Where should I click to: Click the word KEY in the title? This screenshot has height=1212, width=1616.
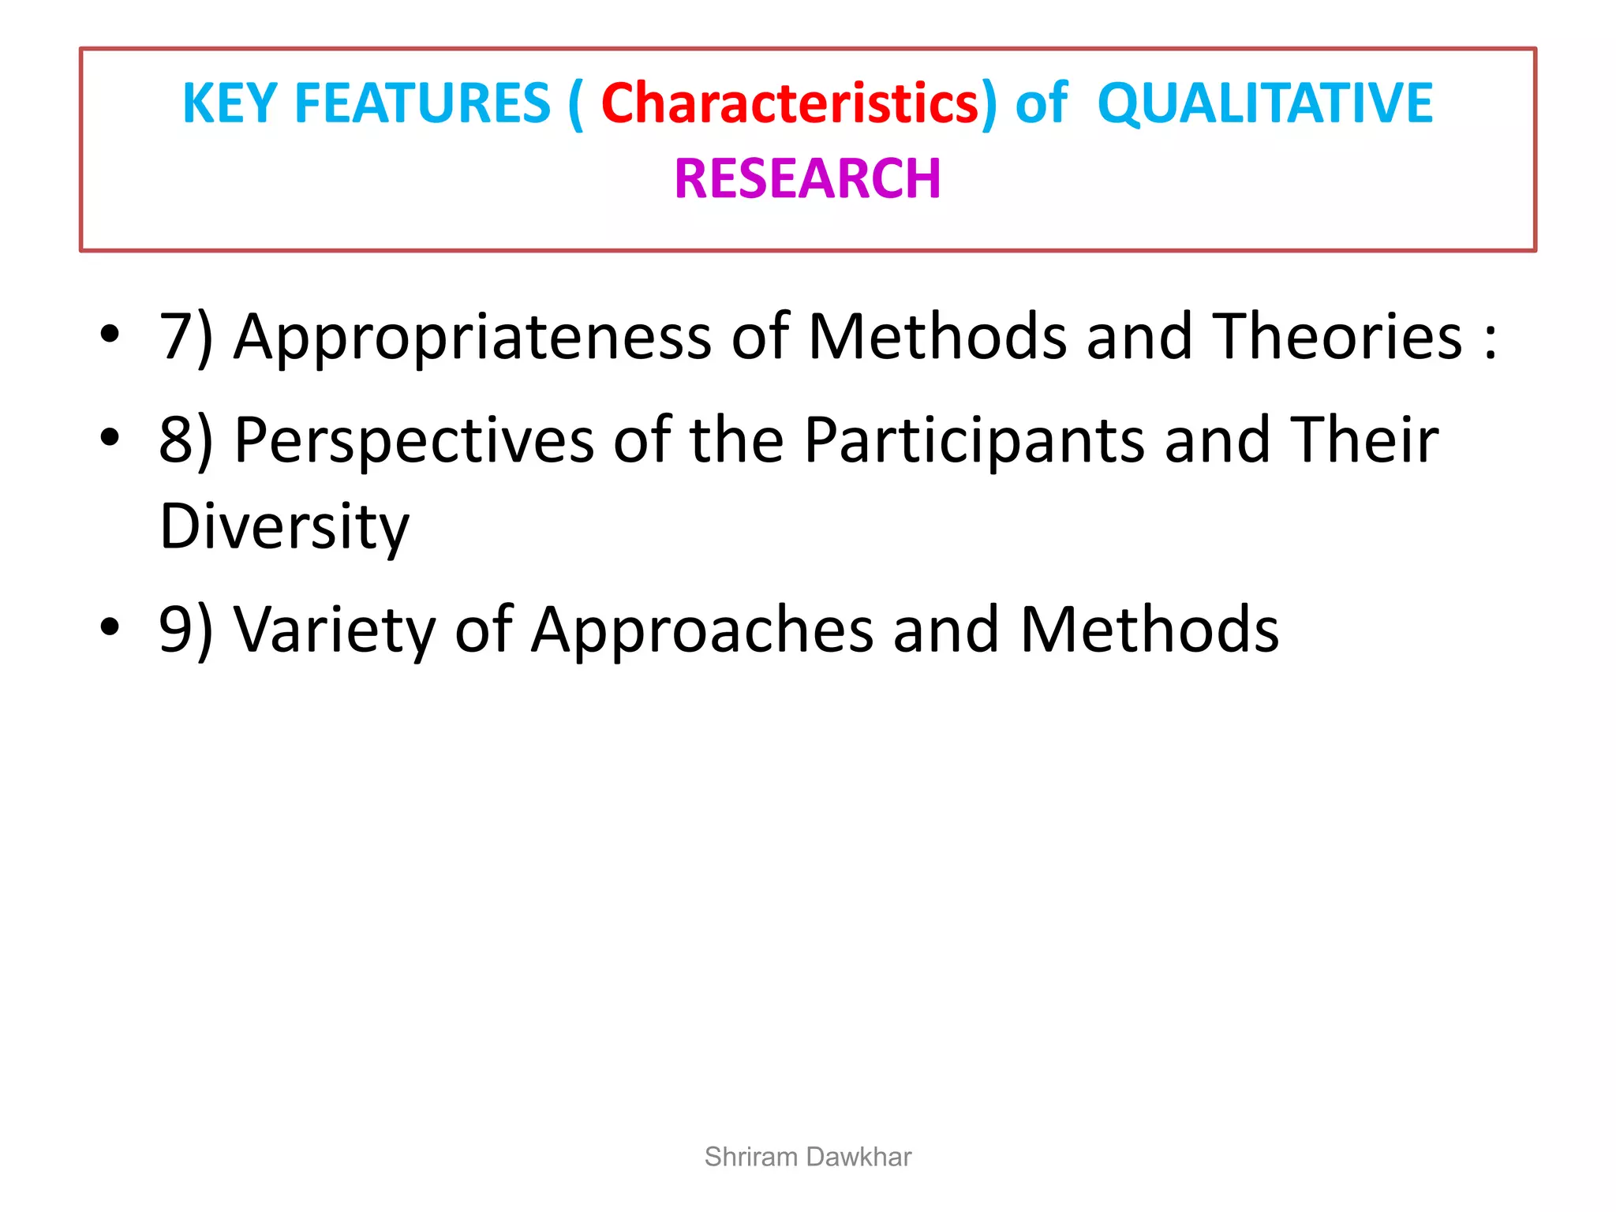229,103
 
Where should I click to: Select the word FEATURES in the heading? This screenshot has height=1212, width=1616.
422,103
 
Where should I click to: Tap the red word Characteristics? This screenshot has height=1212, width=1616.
789,103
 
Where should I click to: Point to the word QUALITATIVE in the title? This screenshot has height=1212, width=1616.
1265,103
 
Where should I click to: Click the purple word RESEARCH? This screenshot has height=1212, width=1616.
807,178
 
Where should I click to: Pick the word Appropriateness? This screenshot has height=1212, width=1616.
473,338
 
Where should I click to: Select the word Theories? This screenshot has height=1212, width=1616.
1337,336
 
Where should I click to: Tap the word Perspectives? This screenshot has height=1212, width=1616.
414,440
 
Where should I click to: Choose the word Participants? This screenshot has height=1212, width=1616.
974,440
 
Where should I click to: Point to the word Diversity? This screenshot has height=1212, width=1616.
284,526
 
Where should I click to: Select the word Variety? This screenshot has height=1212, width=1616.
335,630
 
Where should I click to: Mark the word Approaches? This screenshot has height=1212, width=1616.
702,630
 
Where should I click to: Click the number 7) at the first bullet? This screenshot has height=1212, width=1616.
185,338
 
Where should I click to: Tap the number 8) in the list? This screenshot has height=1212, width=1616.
185,440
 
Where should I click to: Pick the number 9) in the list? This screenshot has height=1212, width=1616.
185,630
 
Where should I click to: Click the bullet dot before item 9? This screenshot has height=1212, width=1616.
110,627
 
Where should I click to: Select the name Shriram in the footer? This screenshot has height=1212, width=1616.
751,1157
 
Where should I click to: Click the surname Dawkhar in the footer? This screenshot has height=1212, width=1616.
859,1157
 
